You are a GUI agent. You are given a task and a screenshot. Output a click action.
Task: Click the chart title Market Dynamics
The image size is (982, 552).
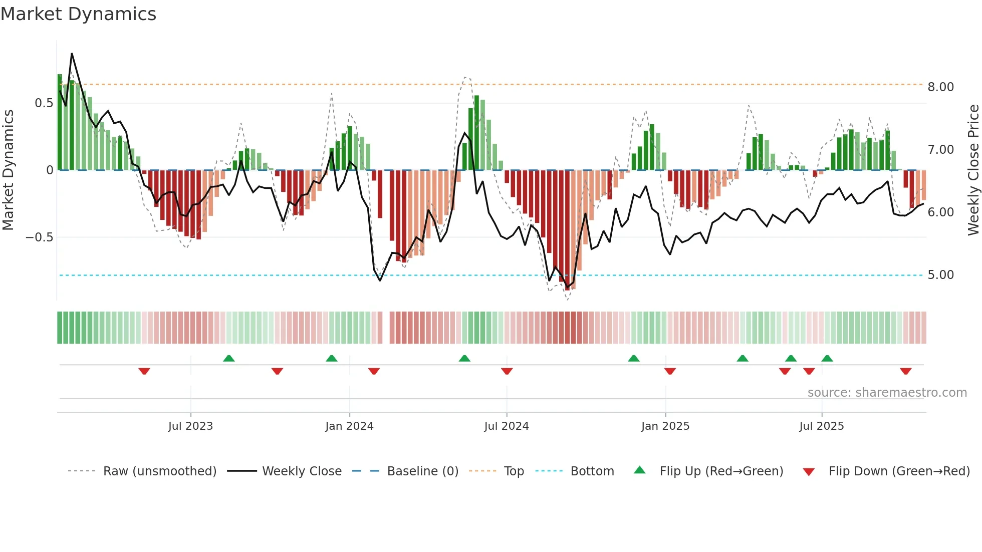(78, 14)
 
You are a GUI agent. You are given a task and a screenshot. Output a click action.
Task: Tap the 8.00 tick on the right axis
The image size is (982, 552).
(940, 87)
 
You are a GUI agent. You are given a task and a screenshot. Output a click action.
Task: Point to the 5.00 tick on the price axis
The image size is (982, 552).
(940, 275)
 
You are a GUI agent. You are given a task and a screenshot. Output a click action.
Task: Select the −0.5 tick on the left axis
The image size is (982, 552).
(40, 237)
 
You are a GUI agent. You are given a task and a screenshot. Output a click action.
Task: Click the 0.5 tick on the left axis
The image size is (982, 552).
(44, 103)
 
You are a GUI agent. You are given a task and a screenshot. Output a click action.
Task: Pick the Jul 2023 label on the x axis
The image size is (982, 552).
(190, 426)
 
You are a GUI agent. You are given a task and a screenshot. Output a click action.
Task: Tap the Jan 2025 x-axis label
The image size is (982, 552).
(665, 426)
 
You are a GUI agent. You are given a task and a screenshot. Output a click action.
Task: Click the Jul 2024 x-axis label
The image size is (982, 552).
(506, 426)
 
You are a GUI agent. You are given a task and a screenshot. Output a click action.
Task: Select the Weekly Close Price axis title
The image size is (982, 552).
(973, 170)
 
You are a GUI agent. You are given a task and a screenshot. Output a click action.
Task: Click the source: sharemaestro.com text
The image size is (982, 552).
(887, 393)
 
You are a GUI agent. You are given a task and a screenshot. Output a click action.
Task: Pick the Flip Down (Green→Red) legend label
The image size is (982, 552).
(899, 471)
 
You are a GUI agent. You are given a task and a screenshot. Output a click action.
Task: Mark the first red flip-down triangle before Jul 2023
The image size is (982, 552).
(144, 371)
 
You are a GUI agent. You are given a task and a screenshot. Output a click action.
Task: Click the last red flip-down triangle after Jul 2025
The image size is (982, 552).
(905, 371)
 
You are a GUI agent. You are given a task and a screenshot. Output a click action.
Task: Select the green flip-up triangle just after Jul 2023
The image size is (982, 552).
(228, 358)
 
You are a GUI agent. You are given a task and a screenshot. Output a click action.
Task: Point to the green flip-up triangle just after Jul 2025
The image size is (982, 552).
(827, 358)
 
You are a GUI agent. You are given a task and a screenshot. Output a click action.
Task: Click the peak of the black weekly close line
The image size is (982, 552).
(72, 54)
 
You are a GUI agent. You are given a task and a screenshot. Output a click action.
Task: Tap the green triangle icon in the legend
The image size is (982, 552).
(640, 470)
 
